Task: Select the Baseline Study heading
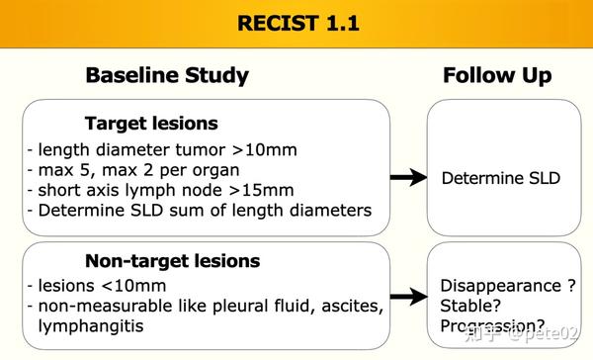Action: pyautogui.click(x=167, y=76)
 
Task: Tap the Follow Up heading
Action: pyautogui.click(x=497, y=76)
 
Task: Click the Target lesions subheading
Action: pyautogui.click(x=152, y=125)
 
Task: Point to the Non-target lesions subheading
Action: pyautogui.click(x=173, y=261)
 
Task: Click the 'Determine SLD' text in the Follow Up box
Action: pyautogui.click(x=500, y=178)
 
